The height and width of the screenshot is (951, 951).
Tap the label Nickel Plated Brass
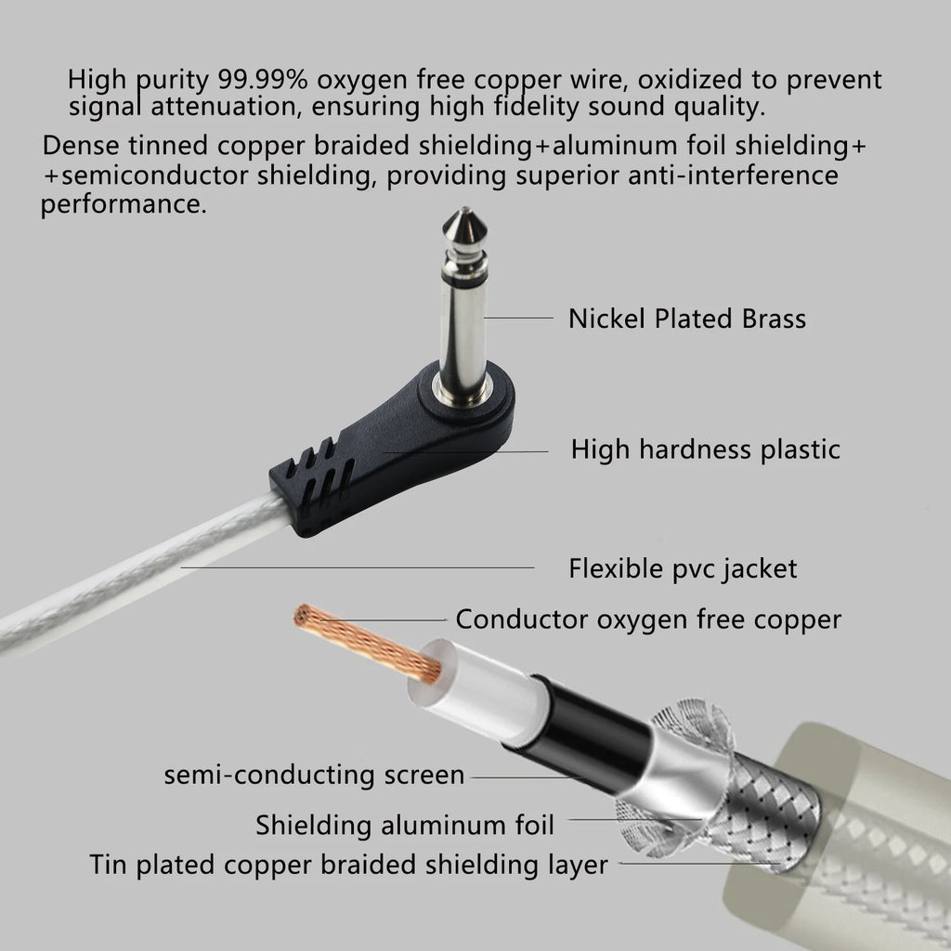tap(686, 319)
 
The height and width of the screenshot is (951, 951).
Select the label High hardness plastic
tap(705, 449)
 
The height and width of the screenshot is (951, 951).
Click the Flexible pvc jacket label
tap(683, 567)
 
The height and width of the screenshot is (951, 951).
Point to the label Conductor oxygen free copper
tap(648, 619)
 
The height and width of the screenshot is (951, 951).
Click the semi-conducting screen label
tap(314, 775)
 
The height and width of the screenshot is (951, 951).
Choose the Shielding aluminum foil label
tap(405, 824)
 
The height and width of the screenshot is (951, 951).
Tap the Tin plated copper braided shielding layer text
tap(349, 865)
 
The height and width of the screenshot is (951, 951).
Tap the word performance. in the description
tap(124, 204)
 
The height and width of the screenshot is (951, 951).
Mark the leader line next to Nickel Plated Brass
tap(518, 319)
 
